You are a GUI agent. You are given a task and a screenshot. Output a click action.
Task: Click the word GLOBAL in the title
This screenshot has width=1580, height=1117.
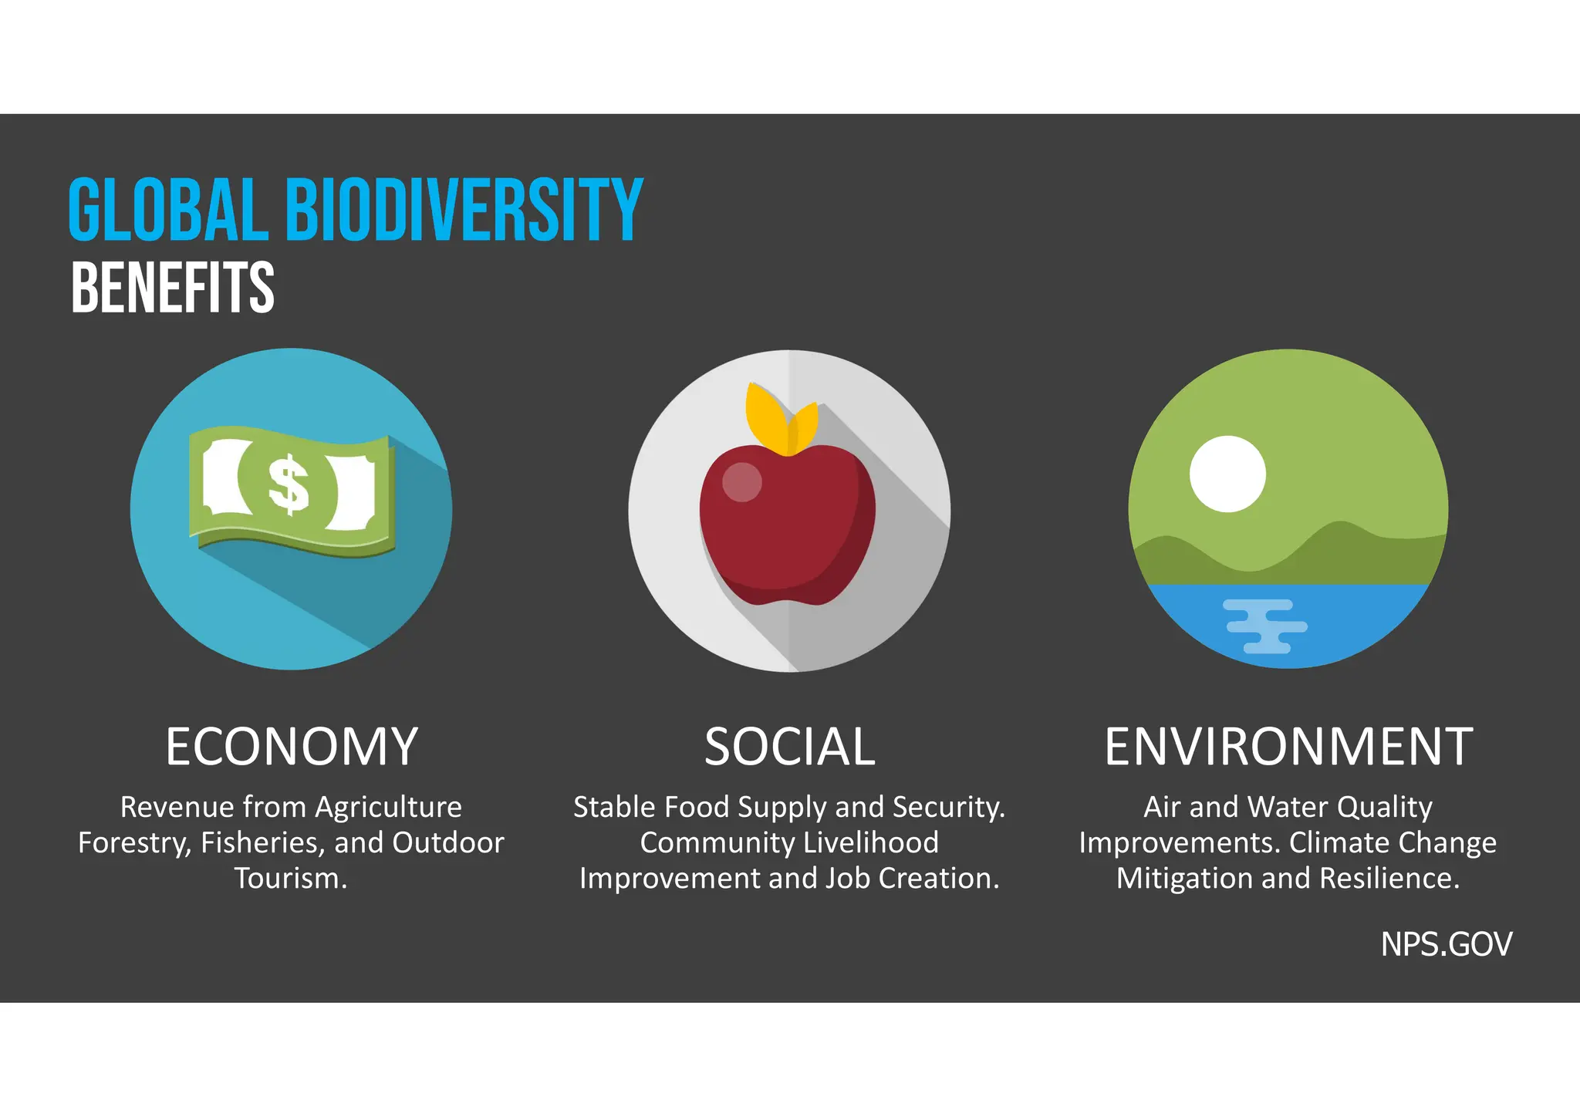click(x=168, y=209)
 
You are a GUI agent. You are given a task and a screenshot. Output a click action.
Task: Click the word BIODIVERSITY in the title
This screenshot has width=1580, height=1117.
click(x=464, y=209)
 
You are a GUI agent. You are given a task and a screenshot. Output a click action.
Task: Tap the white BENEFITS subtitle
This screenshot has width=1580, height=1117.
click(x=172, y=288)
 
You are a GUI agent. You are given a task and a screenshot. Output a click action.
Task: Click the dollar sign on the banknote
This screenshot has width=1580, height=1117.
click(x=289, y=484)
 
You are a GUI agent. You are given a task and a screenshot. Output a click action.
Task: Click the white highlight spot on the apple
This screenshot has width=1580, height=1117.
click(x=741, y=482)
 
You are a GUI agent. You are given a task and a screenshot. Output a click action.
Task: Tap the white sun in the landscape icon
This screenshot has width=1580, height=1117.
click(x=1227, y=474)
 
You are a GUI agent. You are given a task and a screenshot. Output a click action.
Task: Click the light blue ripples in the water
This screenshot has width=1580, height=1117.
click(x=1265, y=626)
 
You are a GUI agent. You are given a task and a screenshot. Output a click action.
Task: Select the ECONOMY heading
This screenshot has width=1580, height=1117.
click(x=292, y=747)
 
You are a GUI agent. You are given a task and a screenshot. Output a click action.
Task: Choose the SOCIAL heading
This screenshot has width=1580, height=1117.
click(x=789, y=747)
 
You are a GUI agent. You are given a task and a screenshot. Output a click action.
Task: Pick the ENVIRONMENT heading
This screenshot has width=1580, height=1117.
click(x=1288, y=747)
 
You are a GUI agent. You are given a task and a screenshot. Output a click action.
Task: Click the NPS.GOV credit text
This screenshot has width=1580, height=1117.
click(x=1446, y=944)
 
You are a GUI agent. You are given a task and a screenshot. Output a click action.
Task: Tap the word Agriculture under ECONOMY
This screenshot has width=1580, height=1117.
click(x=388, y=808)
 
